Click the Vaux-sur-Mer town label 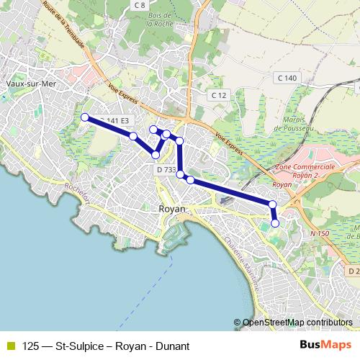25,84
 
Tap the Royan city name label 171,208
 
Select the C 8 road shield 140,5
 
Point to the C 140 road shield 286,77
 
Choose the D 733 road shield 166,170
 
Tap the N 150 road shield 319,233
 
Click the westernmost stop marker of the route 85,117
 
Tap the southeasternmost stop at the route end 275,222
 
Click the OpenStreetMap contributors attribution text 297,323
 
